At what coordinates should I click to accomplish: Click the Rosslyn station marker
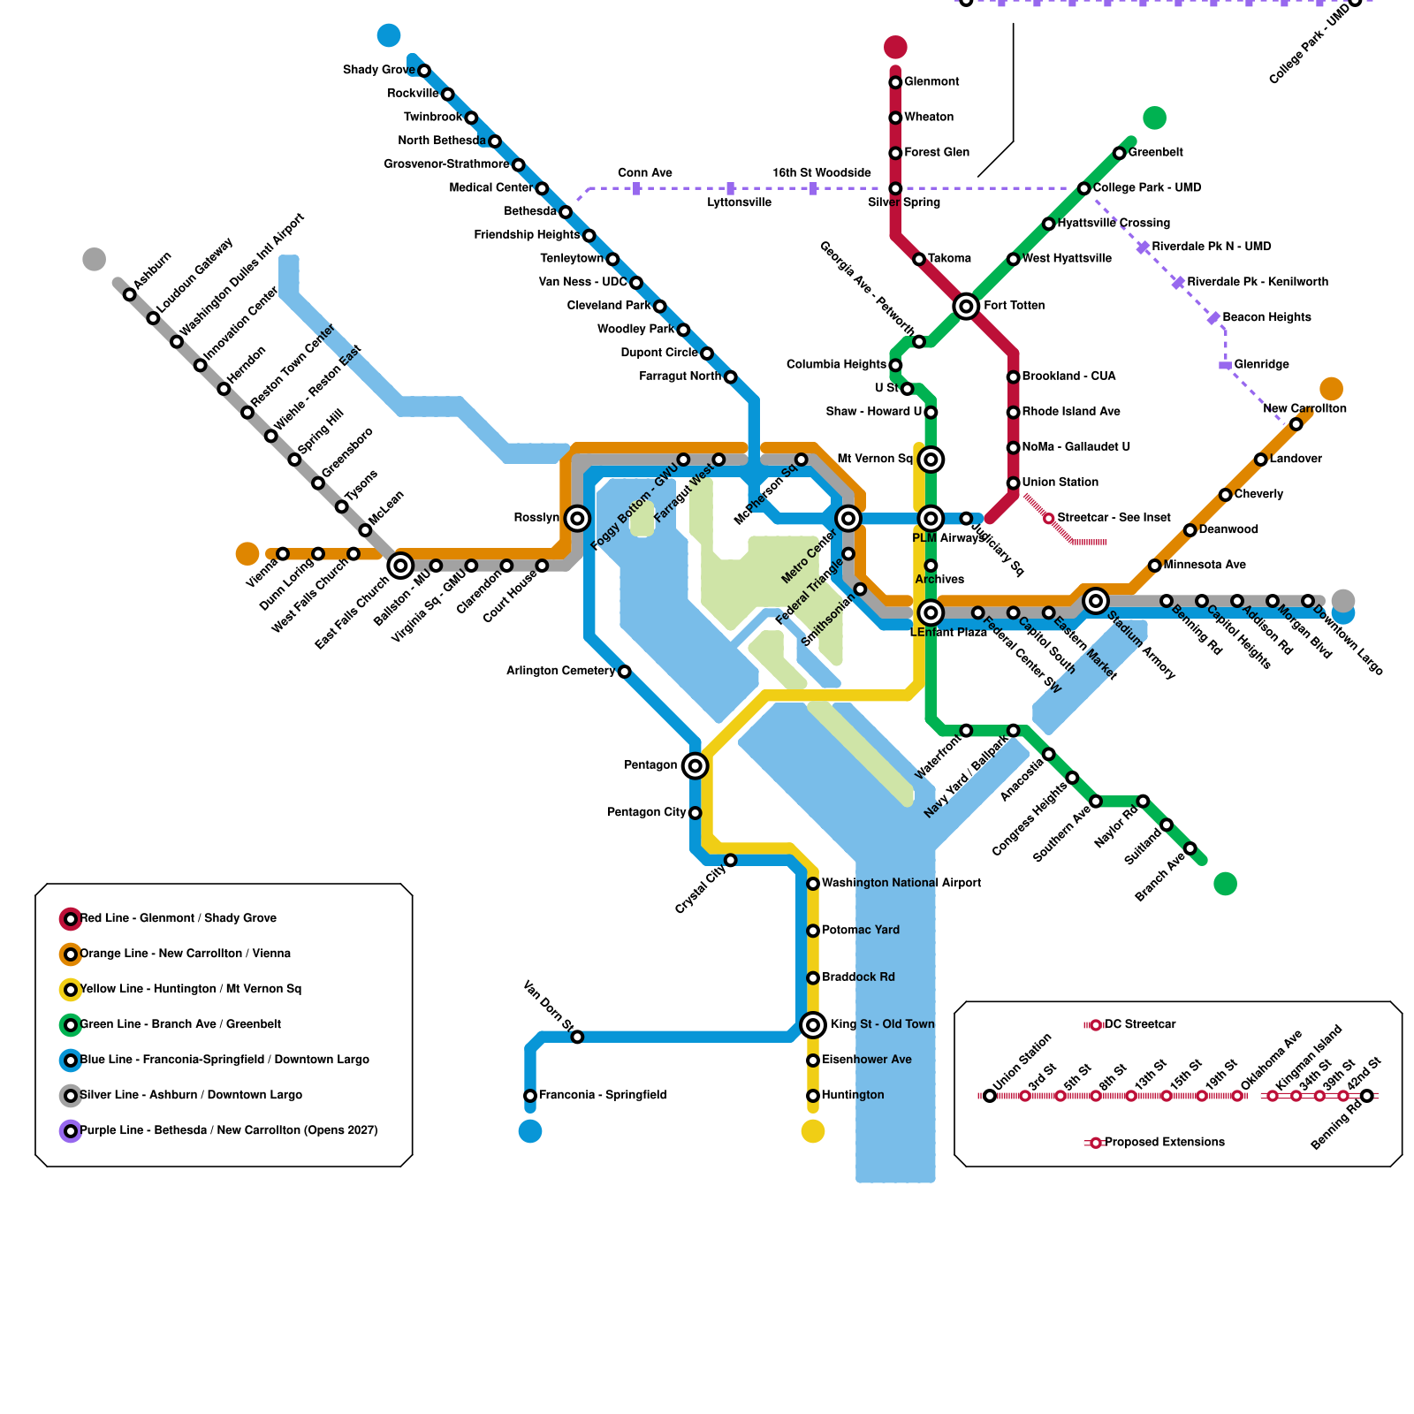[x=577, y=518]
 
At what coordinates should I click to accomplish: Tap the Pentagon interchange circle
[x=696, y=765]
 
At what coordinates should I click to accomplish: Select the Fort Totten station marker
[x=966, y=306]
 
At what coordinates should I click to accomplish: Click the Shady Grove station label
[x=378, y=70]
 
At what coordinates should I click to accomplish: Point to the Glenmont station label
[x=931, y=81]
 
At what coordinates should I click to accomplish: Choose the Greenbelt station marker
[x=1119, y=153]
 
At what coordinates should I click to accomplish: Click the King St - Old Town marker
[x=813, y=1024]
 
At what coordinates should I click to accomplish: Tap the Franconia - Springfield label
[x=603, y=1095]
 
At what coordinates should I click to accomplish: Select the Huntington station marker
[x=813, y=1096]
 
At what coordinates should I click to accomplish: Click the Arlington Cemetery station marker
[x=624, y=672]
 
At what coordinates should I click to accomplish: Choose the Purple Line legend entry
[x=228, y=1130]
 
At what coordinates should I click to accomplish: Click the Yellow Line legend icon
[x=71, y=990]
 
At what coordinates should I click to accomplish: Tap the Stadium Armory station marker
[x=1096, y=601]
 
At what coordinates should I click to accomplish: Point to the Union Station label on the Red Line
[x=1060, y=482]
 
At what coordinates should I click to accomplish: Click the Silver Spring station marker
[x=895, y=188]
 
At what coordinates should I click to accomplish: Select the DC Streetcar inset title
[x=1140, y=1024]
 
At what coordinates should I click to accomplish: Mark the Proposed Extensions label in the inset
[x=1164, y=1142]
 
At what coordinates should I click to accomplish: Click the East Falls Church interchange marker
[x=400, y=566]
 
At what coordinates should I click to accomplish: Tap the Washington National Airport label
[x=901, y=883]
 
